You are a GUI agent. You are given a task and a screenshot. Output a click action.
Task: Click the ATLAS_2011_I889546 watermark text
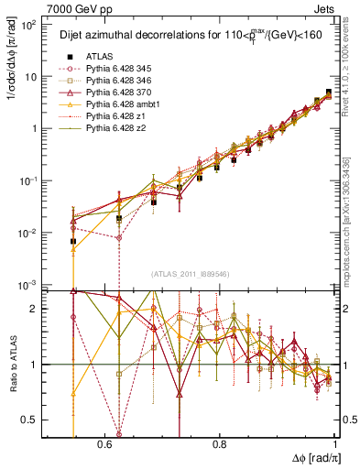coord(191,274)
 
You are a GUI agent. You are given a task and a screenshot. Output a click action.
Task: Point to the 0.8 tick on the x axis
coord(219,442)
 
